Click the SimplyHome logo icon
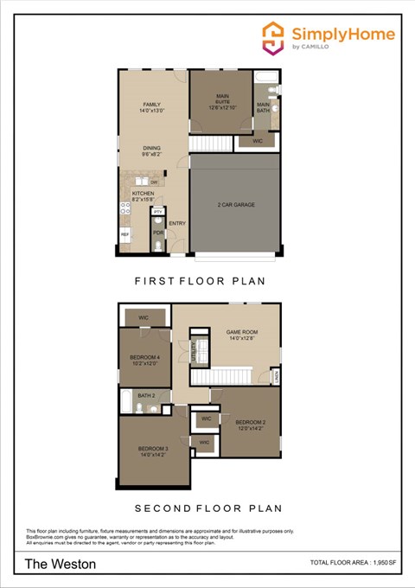click(274, 37)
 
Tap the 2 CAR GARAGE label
click(234, 206)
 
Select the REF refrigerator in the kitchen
click(124, 234)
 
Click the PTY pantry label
click(158, 211)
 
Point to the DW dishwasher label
click(154, 182)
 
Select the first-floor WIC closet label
click(258, 140)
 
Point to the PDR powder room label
click(158, 232)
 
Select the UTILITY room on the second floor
click(193, 351)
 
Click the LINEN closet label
click(275, 376)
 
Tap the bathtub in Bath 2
click(127, 403)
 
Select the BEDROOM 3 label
click(152, 448)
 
